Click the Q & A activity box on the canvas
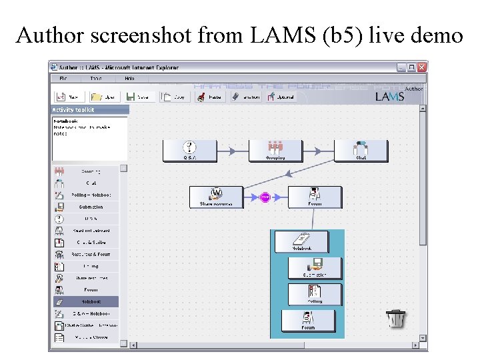tap(189, 151)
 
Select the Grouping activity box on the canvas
tap(275, 151)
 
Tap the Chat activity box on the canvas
tap(361, 151)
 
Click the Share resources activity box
tap(216, 197)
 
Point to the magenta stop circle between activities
tap(265, 197)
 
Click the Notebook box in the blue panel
tap(301, 241)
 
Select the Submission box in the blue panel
tap(315, 268)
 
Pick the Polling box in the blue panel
tap(315, 294)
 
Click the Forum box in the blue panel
tap(308, 321)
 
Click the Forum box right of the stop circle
tap(315, 197)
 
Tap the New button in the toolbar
tap(69, 97)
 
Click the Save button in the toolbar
tap(139, 97)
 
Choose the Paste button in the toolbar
tap(208, 97)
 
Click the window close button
tap(422, 67)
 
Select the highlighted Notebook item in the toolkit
tap(85, 301)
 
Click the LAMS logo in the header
tap(389, 97)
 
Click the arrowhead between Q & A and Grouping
tap(232, 151)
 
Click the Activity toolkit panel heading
tap(74, 109)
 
